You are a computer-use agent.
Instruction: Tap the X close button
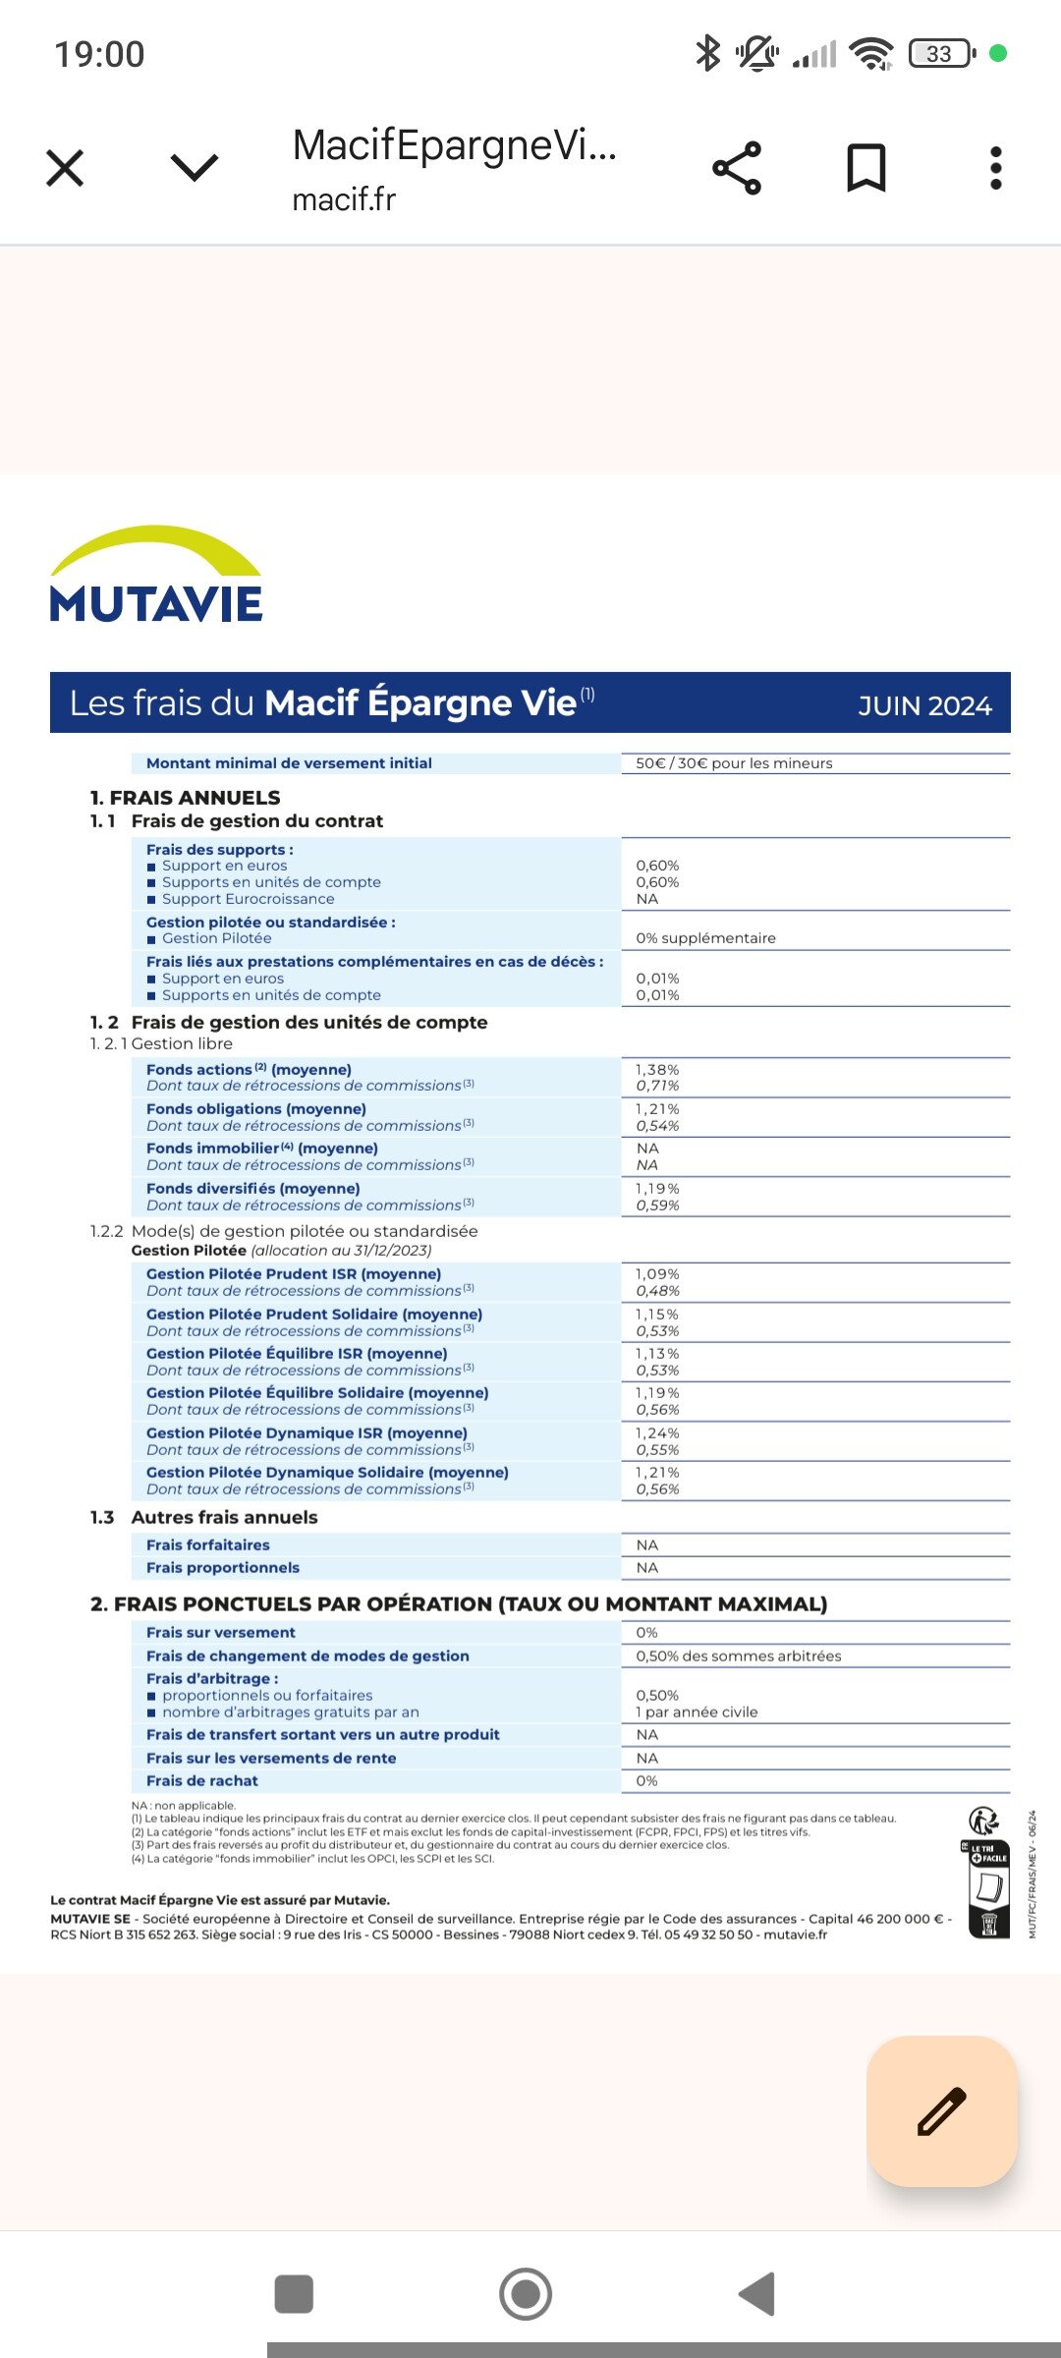click(x=65, y=168)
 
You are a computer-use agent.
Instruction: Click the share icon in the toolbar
click(x=737, y=168)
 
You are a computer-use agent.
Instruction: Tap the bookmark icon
click(x=866, y=168)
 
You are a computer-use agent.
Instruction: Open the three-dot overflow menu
click(x=996, y=168)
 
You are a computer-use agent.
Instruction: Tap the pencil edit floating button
click(x=941, y=2110)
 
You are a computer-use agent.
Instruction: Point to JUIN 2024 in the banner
click(x=924, y=705)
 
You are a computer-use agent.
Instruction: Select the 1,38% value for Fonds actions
click(x=657, y=1069)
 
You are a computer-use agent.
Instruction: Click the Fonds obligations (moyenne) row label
click(x=256, y=1108)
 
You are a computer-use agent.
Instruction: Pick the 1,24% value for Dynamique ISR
click(x=657, y=1432)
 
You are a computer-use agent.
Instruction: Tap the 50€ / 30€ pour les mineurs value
click(x=734, y=763)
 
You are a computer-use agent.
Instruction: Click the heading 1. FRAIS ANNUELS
click(x=185, y=798)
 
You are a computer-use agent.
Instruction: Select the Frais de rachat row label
click(x=202, y=1780)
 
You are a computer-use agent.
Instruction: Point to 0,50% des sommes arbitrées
click(x=739, y=1656)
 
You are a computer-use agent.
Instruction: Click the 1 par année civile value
click(x=697, y=1712)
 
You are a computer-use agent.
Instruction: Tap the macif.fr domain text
click(x=344, y=199)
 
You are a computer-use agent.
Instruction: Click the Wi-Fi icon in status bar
click(x=871, y=53)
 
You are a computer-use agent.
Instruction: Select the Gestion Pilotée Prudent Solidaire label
click(x=314, y=1314)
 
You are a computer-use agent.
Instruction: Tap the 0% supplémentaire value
click(x=705, y=938)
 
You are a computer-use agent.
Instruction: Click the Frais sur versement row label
click(x=221, y=1632)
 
